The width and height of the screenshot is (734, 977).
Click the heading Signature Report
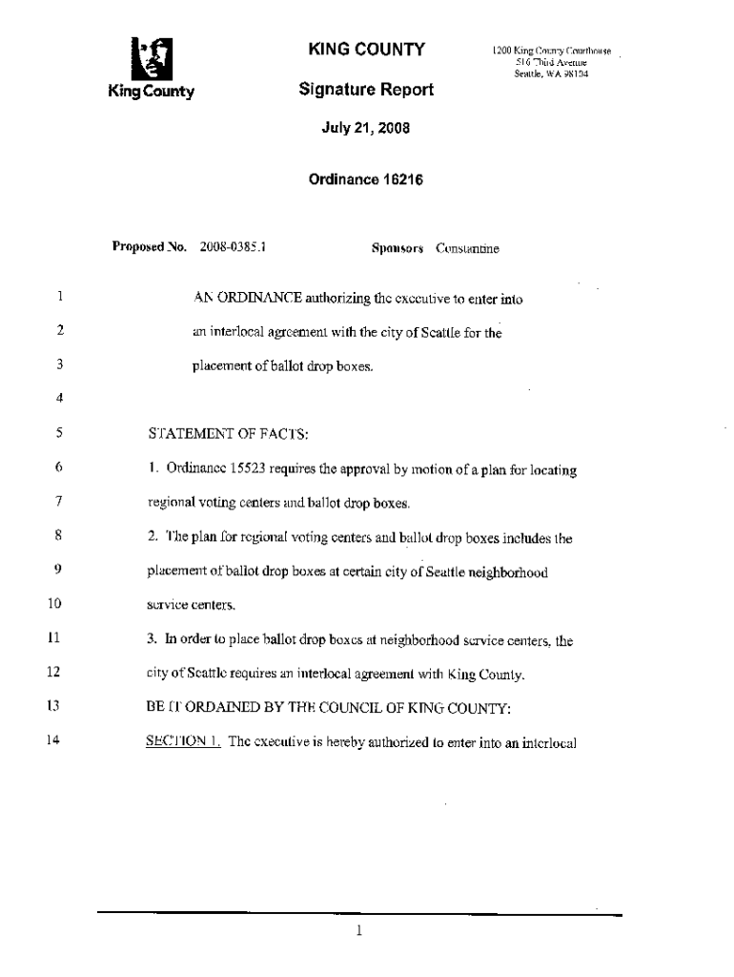coord(366,90)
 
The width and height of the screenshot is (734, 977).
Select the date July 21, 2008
coord(365,128)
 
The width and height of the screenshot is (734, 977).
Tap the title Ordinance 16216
coord(366,179)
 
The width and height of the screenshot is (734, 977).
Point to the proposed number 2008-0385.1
coord(232,248)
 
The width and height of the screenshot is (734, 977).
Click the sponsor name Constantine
coord(467,249)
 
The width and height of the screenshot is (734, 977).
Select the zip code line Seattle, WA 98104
coord(551,74)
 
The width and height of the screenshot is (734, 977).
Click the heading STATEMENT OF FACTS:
coord(228,434)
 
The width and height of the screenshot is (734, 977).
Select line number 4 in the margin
coord(59,398)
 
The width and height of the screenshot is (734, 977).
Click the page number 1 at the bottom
coord(359,931)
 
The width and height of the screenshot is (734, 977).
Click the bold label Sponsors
coord(398,249)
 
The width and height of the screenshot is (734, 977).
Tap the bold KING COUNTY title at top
coord(365,49)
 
